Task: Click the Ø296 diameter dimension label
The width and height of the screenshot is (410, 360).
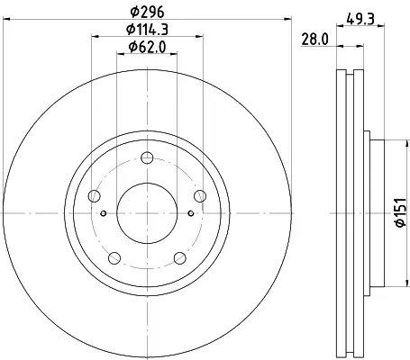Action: click(x=147, y=12)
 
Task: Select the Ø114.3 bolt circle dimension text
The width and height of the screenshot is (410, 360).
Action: click(x=147, y=30)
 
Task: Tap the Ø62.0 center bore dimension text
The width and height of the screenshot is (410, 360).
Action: click(x=147, y=47)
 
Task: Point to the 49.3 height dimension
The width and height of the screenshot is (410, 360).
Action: click(x=360, y=20)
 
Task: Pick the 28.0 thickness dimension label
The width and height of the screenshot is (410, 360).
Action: click(x=314, y=40)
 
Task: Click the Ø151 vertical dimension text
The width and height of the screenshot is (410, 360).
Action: click(x=401, y=212)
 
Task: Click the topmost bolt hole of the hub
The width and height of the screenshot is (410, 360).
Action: click(x=147, y=157)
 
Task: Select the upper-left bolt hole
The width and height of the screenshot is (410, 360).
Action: click(x=95, y=196)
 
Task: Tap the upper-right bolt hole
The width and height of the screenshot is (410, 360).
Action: click(x=200, y=196)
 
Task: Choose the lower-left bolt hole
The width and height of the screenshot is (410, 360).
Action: click(x=114, y=258)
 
